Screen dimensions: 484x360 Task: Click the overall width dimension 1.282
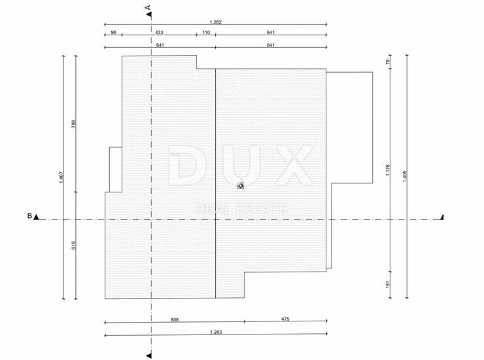tap(215, 22)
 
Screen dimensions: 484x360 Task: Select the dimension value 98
tap(113, 32)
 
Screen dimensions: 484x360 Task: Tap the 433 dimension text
tap(159, 32)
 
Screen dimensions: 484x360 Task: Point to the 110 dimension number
tap(206, 32)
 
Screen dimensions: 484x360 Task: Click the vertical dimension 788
tap(73, 124)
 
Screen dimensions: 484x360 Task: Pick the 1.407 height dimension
tap(61, 177)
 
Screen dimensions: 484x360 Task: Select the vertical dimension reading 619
tap(73, 245)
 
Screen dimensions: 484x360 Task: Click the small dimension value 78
tap(388, 62)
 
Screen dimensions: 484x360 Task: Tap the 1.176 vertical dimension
tap(388, 170)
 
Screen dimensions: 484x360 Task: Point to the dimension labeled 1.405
tap(406, 176)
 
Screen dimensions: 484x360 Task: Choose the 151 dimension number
tap(388, 284)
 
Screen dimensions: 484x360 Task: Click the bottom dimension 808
tap(175, 319)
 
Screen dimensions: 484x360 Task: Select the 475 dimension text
tap(285, 319)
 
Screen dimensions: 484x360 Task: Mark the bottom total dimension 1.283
tap(216, 333)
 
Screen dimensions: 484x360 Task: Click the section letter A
tap(148, 7)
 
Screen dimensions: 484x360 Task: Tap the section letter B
tap(29, 216)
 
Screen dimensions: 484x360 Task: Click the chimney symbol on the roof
tap(241, 185)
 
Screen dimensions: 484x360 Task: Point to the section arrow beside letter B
tap(37, 217)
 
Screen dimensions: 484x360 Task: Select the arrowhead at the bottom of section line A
tap(149, 355)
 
